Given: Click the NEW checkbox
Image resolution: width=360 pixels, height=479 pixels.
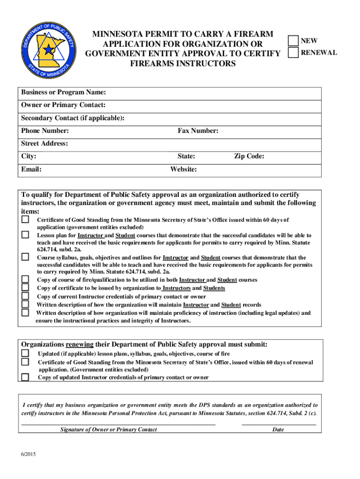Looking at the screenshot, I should click(x=293, y=41).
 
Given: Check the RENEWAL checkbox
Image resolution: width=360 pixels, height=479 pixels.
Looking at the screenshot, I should click(x=293, y=52).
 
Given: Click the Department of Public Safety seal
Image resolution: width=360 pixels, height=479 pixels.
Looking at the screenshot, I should click(x=46, y=47).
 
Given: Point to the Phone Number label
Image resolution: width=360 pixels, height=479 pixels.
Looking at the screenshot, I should click(x=45, y=131).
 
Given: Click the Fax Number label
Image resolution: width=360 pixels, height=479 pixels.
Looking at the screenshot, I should click(x=197, y=131).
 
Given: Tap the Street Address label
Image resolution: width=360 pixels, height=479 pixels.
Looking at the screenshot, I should click(x=44, y=144).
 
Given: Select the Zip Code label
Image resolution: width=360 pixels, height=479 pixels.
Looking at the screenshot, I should click(x=249, y=156).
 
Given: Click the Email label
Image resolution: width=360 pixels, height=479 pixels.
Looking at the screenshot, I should click(x=31, y=169).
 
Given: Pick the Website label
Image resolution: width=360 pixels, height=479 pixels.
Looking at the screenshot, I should click(x=183, y=169).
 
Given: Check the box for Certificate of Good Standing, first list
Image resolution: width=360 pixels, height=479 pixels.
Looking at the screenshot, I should click(x=26, y=219).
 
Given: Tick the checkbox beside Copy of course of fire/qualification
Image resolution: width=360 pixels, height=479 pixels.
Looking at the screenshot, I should click(x=26, y=280).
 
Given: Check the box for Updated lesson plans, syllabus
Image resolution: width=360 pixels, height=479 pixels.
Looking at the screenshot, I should click(x=26, y=354).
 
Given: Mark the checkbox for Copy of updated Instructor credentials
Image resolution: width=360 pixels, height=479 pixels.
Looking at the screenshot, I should click(x=26, y=377).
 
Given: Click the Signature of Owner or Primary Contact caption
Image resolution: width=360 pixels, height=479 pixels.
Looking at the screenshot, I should click(x=108, y=429).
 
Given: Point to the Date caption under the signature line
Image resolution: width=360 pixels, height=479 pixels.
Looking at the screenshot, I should click(x=278, y=429).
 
